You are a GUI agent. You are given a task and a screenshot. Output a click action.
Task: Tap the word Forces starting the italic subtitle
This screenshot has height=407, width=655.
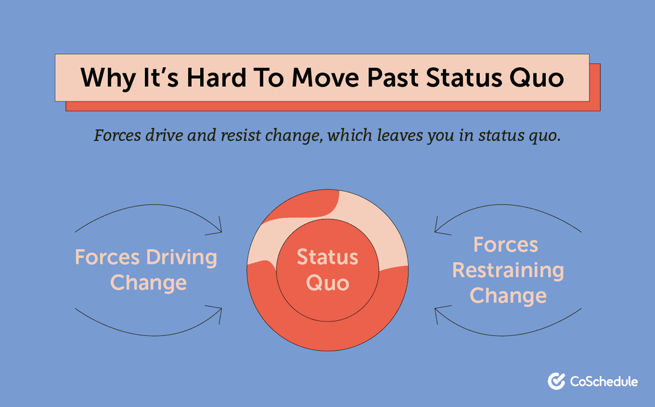pos(116,135)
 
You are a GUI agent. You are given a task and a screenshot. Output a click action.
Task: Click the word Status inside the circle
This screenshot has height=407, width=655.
pos(327,257)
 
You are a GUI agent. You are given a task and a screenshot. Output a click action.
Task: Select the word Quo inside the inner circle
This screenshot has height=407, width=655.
pos(327,283)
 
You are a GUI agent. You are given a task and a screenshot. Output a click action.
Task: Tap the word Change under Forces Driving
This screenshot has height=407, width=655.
pos(148,283)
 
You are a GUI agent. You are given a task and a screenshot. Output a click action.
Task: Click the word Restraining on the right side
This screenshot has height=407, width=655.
pos(508,271)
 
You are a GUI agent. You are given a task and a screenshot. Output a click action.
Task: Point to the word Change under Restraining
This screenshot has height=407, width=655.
pos(508,296)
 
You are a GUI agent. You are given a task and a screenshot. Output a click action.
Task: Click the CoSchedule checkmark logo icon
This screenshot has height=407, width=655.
pos(556,381)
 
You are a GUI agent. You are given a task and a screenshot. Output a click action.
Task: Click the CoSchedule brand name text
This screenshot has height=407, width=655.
pos(603,382)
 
